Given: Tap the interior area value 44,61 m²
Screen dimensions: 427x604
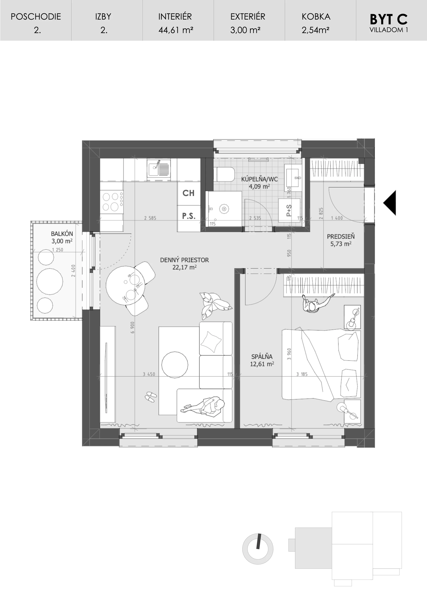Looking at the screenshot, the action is (x=176, y=30).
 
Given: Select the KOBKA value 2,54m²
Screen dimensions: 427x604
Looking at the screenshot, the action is (x=315, y=30).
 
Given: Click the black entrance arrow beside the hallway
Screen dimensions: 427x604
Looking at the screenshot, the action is (x=390, y=203).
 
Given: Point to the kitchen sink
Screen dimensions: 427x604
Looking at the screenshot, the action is (x=159, y=168).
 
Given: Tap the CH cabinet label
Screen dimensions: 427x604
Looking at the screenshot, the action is (x=188, y=193).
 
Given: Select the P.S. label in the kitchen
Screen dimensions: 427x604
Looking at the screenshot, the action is (x=189, y=216).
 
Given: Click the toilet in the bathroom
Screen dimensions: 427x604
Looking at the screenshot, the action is (x=225, y=174).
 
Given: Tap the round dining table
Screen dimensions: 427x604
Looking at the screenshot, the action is (x=125, y=285).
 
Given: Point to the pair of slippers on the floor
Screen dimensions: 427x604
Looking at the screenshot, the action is (x=151, y=396).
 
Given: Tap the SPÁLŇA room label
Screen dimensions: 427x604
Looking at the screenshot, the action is (x=262, y=357).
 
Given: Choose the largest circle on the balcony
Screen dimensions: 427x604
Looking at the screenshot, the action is (x=50, y=281).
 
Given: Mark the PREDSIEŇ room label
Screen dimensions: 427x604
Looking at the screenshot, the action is (x=341, y=236).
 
